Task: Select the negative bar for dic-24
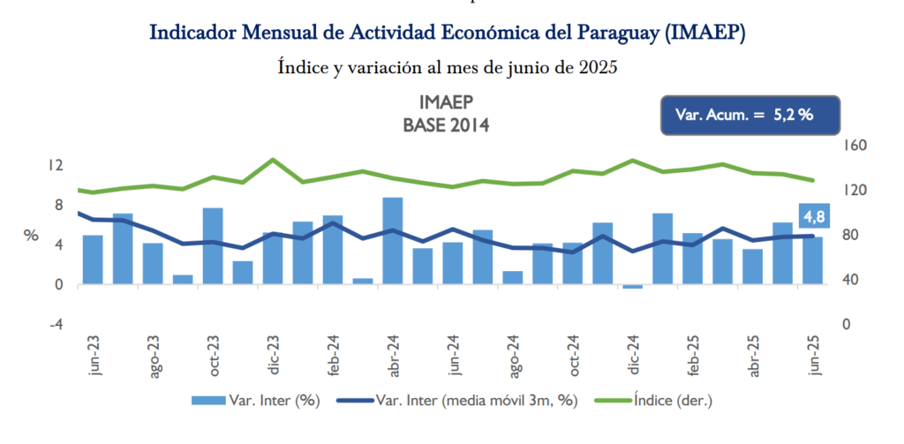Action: coord(633,286)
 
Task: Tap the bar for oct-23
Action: coord(213,245)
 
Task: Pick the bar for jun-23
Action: coord(93,260)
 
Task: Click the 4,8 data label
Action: coord(812,216)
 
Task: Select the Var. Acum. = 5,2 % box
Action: coord(750,115)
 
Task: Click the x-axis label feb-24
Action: coord(334,356)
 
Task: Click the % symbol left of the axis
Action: coord(31,236)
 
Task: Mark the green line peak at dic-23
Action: coord(273,160)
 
